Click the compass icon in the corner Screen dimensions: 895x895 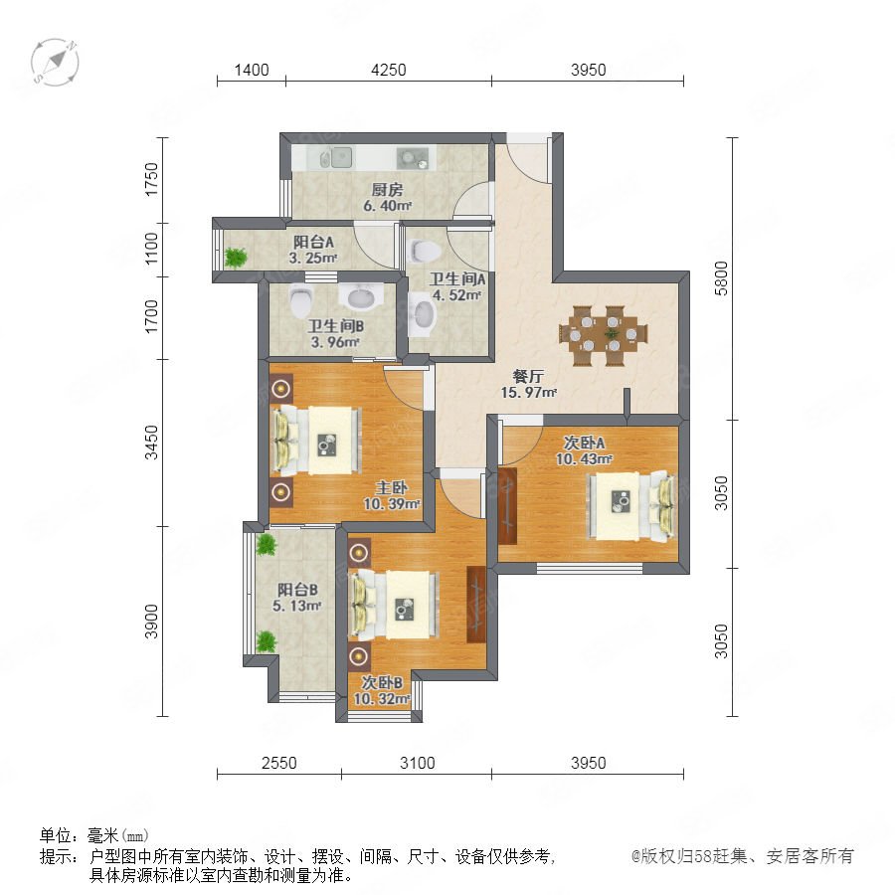coord(55,63)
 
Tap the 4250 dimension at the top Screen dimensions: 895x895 coord(388,70)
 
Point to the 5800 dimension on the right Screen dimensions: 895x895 coord(722,278)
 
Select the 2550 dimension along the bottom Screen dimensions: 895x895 coord(279,763)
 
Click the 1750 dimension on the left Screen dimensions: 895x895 coord(151,179)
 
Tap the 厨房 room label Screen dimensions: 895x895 coord(387,190)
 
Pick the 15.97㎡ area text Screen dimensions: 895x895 coord(528,393)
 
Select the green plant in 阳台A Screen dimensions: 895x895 coord(235,258)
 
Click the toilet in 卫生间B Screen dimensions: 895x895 coord(300,299)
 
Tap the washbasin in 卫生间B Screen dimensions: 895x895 coord(360,296)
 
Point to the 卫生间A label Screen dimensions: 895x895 coord(456,279)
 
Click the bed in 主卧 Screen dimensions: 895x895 coord(316,441)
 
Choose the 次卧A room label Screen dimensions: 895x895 coord(584,443)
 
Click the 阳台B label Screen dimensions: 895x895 coord(297,590)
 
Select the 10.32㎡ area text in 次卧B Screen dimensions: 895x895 coord(381,699)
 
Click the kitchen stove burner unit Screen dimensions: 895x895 coord(413,157)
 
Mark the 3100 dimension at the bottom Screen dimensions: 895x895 coord(418,763)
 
